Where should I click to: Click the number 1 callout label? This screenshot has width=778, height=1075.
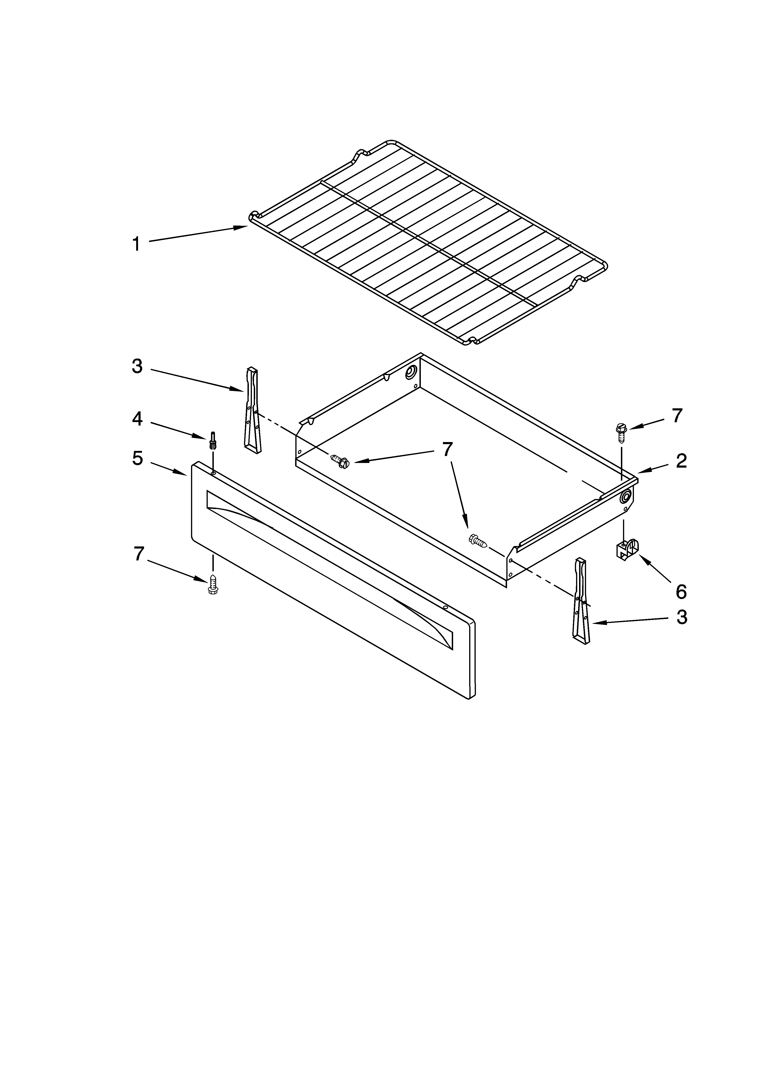136,244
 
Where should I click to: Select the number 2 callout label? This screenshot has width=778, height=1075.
681,461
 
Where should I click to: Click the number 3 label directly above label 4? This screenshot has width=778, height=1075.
137,366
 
